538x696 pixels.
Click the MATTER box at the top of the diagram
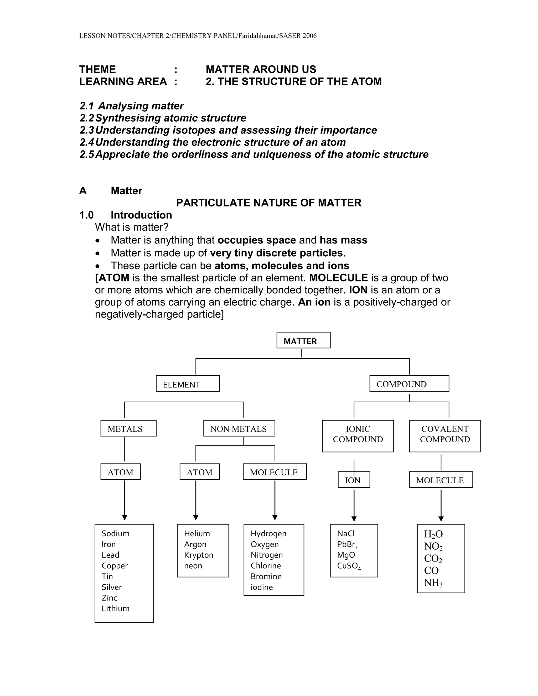tap(303, 340)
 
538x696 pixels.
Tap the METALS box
tap(128, 428)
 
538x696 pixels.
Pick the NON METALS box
tap(239, 428)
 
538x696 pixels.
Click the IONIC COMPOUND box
tap(358, 436)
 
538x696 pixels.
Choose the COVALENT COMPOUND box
tap(445, 436)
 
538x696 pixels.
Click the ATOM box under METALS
tap(121, 472)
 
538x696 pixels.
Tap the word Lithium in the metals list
tap(115, 608)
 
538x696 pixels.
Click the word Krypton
tap(198, 555)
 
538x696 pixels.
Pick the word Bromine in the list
tap(266, 576)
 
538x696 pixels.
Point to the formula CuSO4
tap(349, 566)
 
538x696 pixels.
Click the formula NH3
tap(433, 583)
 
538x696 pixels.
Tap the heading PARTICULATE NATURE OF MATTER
tap(269, 203)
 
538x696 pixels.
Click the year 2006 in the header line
tap(309, 36)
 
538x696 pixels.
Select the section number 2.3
tap(87, 130)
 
